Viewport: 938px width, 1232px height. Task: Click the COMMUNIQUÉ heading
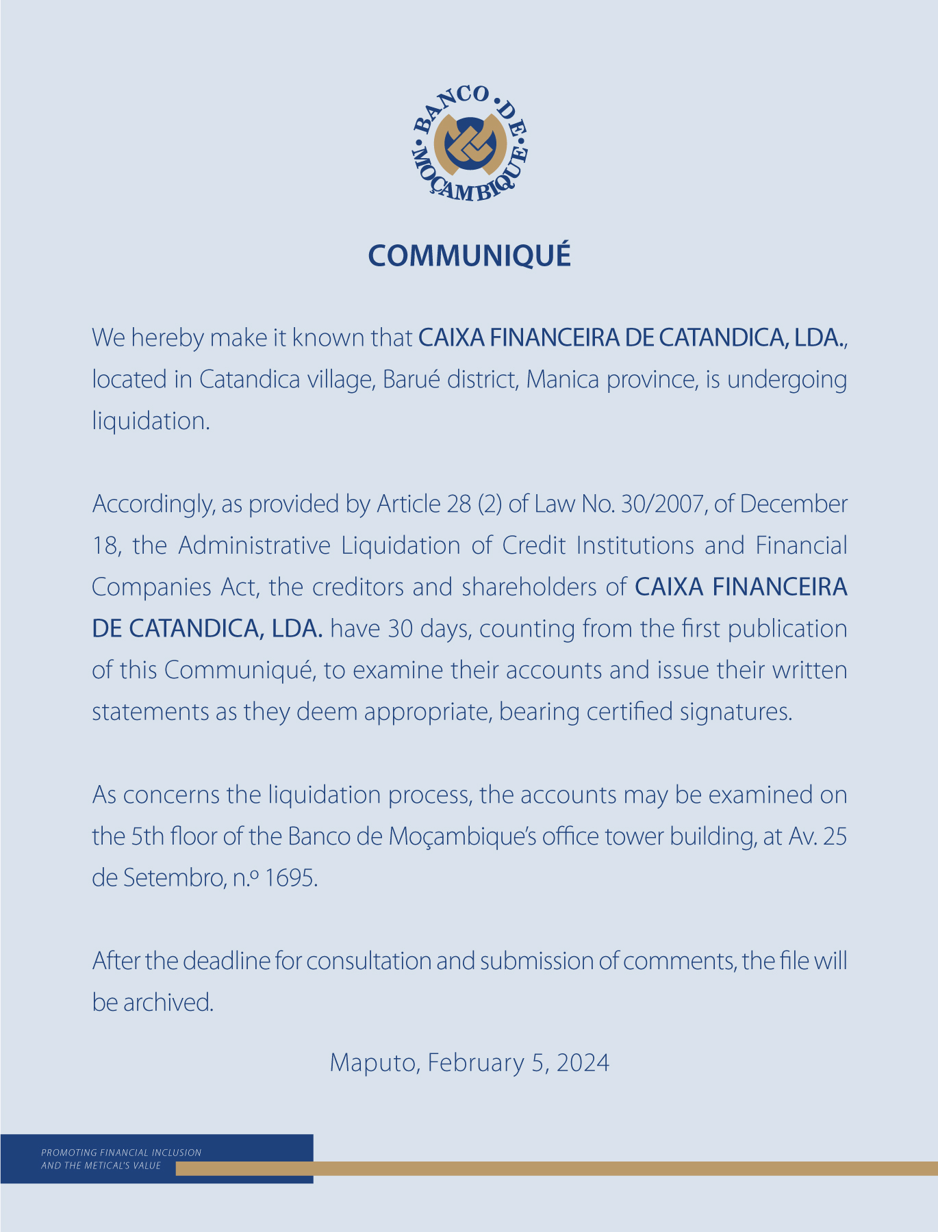[469, 256]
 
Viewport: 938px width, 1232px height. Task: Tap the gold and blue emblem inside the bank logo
[470, 143]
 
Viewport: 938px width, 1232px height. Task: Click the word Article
[408, 504]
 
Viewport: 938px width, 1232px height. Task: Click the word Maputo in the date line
[375, 1063]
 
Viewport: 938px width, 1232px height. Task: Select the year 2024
[583, 1063]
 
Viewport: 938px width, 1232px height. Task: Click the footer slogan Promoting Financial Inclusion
[121, 1153]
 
